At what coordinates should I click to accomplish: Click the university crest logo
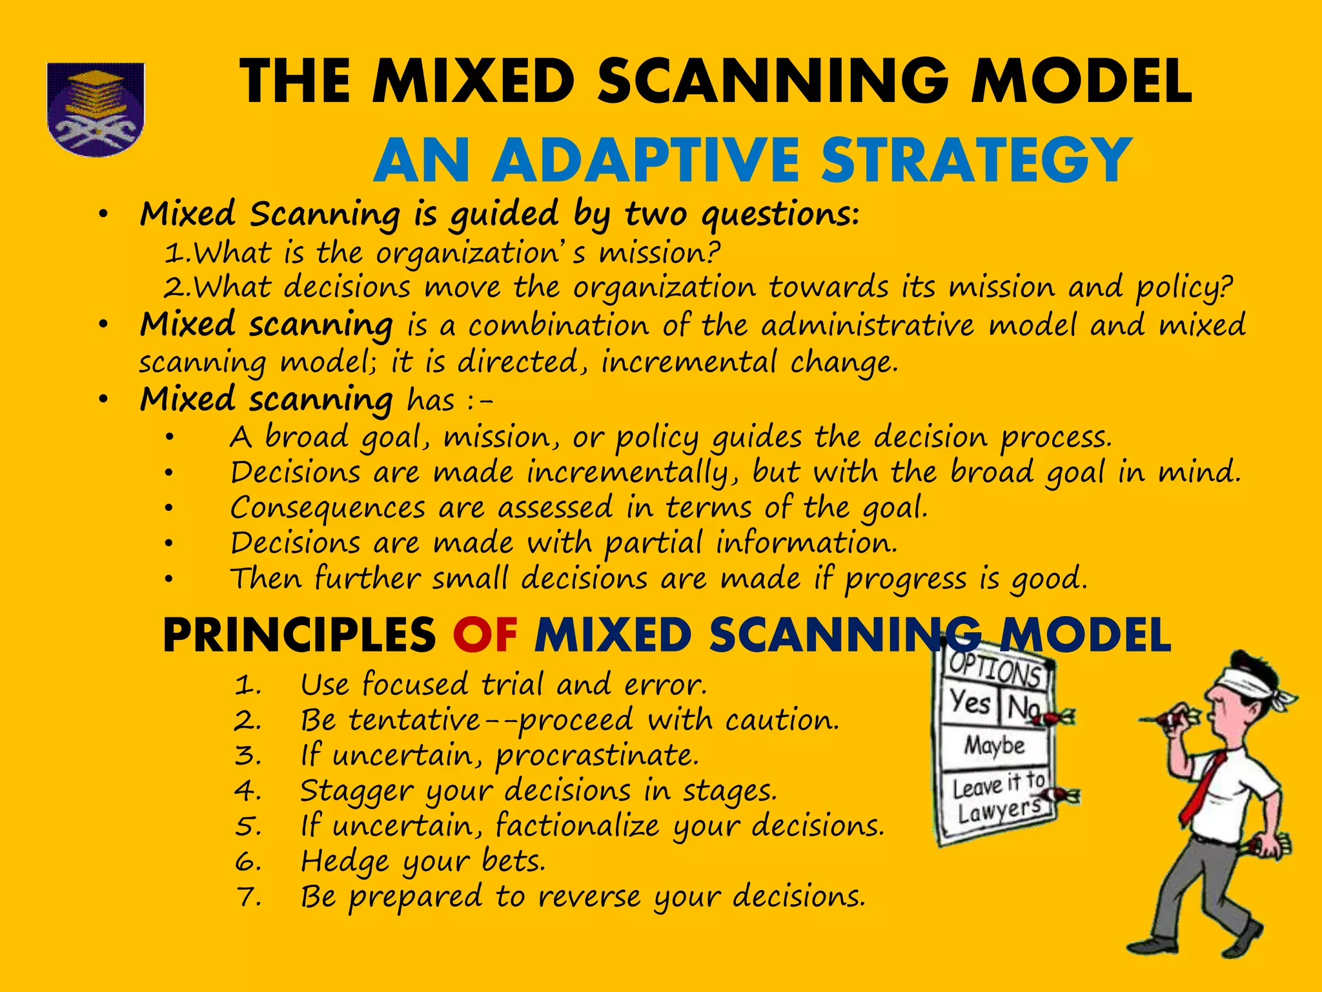pyautogui.click(x=96, y=108)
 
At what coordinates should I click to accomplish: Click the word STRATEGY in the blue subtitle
pyautogui.click(x=976, y=161)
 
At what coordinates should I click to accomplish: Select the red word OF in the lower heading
pyautogui.click(x=485, y=635)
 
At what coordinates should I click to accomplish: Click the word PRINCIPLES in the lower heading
pyautogui.click(x=300, y=635)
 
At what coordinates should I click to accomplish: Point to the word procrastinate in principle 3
pyautogui.click(x=597, y=756)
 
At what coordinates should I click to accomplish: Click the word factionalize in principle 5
pyautogui.click(x=578, y=826)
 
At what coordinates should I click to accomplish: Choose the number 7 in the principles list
pyautogui.click(x=247, y=897)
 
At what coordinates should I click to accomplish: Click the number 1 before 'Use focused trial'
pyautogui.click(x=247, y=685)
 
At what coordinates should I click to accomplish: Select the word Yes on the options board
pyautogui.click(x=970, y=702)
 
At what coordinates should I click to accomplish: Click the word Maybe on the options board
pyautogui.click(x=994, y=745)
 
